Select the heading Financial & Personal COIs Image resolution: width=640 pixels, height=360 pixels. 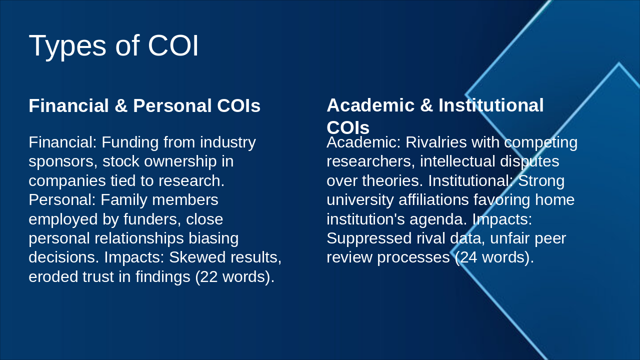(x=144, y=106)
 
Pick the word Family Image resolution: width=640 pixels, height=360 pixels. (x=124, y=200)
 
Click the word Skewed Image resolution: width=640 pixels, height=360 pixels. (x=193, y=257)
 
